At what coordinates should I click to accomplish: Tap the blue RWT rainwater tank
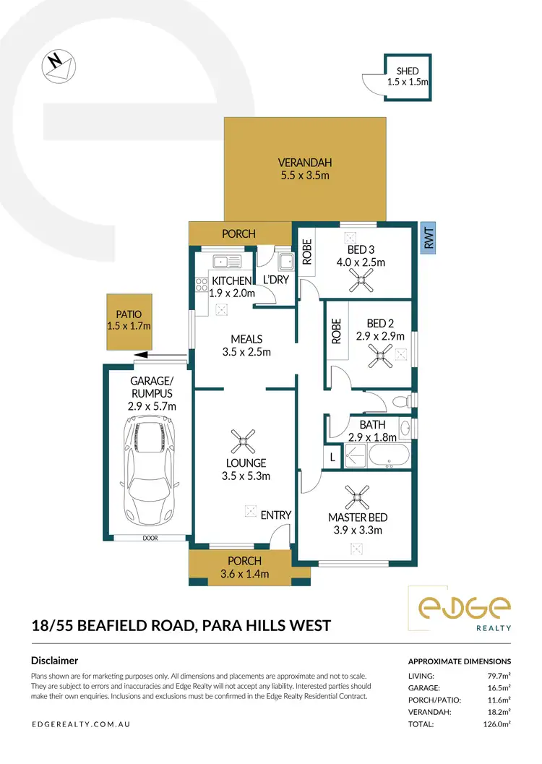pos(427,237)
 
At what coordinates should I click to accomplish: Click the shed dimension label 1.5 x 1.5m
pos(408,82)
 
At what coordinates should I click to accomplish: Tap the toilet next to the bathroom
pos(400,400)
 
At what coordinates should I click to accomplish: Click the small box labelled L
pos(332,457)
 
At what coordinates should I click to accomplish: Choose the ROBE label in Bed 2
pos(335,331)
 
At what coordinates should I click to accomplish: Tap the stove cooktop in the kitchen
pos(201,285)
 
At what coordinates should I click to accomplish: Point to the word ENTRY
pos(275,515)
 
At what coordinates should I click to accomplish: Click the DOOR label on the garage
pos(150,538)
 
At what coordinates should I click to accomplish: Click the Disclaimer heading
pos(54,660)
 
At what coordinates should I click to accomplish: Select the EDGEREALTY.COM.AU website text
pos(81,724)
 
